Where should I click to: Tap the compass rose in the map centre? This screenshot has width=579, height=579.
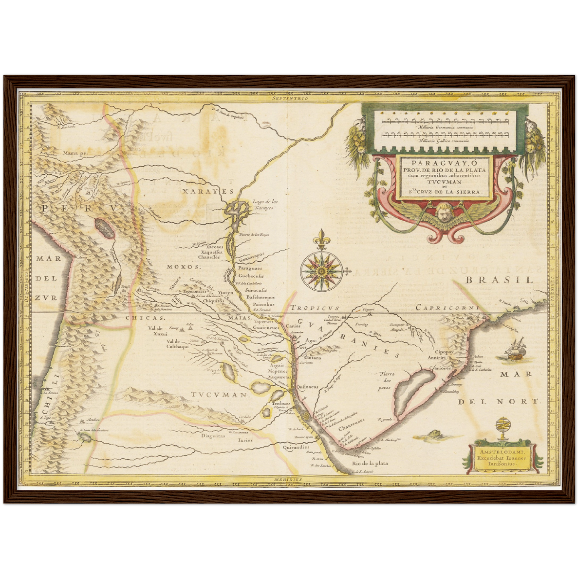coord(321,271)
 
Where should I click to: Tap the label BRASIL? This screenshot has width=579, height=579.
coord(499,280)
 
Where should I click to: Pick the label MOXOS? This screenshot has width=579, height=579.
coord(184,266)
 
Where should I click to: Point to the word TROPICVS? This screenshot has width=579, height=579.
coord(315,308)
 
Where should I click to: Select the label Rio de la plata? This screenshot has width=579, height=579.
coord(370,464)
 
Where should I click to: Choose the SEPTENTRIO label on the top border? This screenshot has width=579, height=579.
coord(288,98)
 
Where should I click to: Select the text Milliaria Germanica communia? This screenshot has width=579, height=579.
coord(445,127)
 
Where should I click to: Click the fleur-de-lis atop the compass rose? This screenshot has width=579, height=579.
coord(321,240)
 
